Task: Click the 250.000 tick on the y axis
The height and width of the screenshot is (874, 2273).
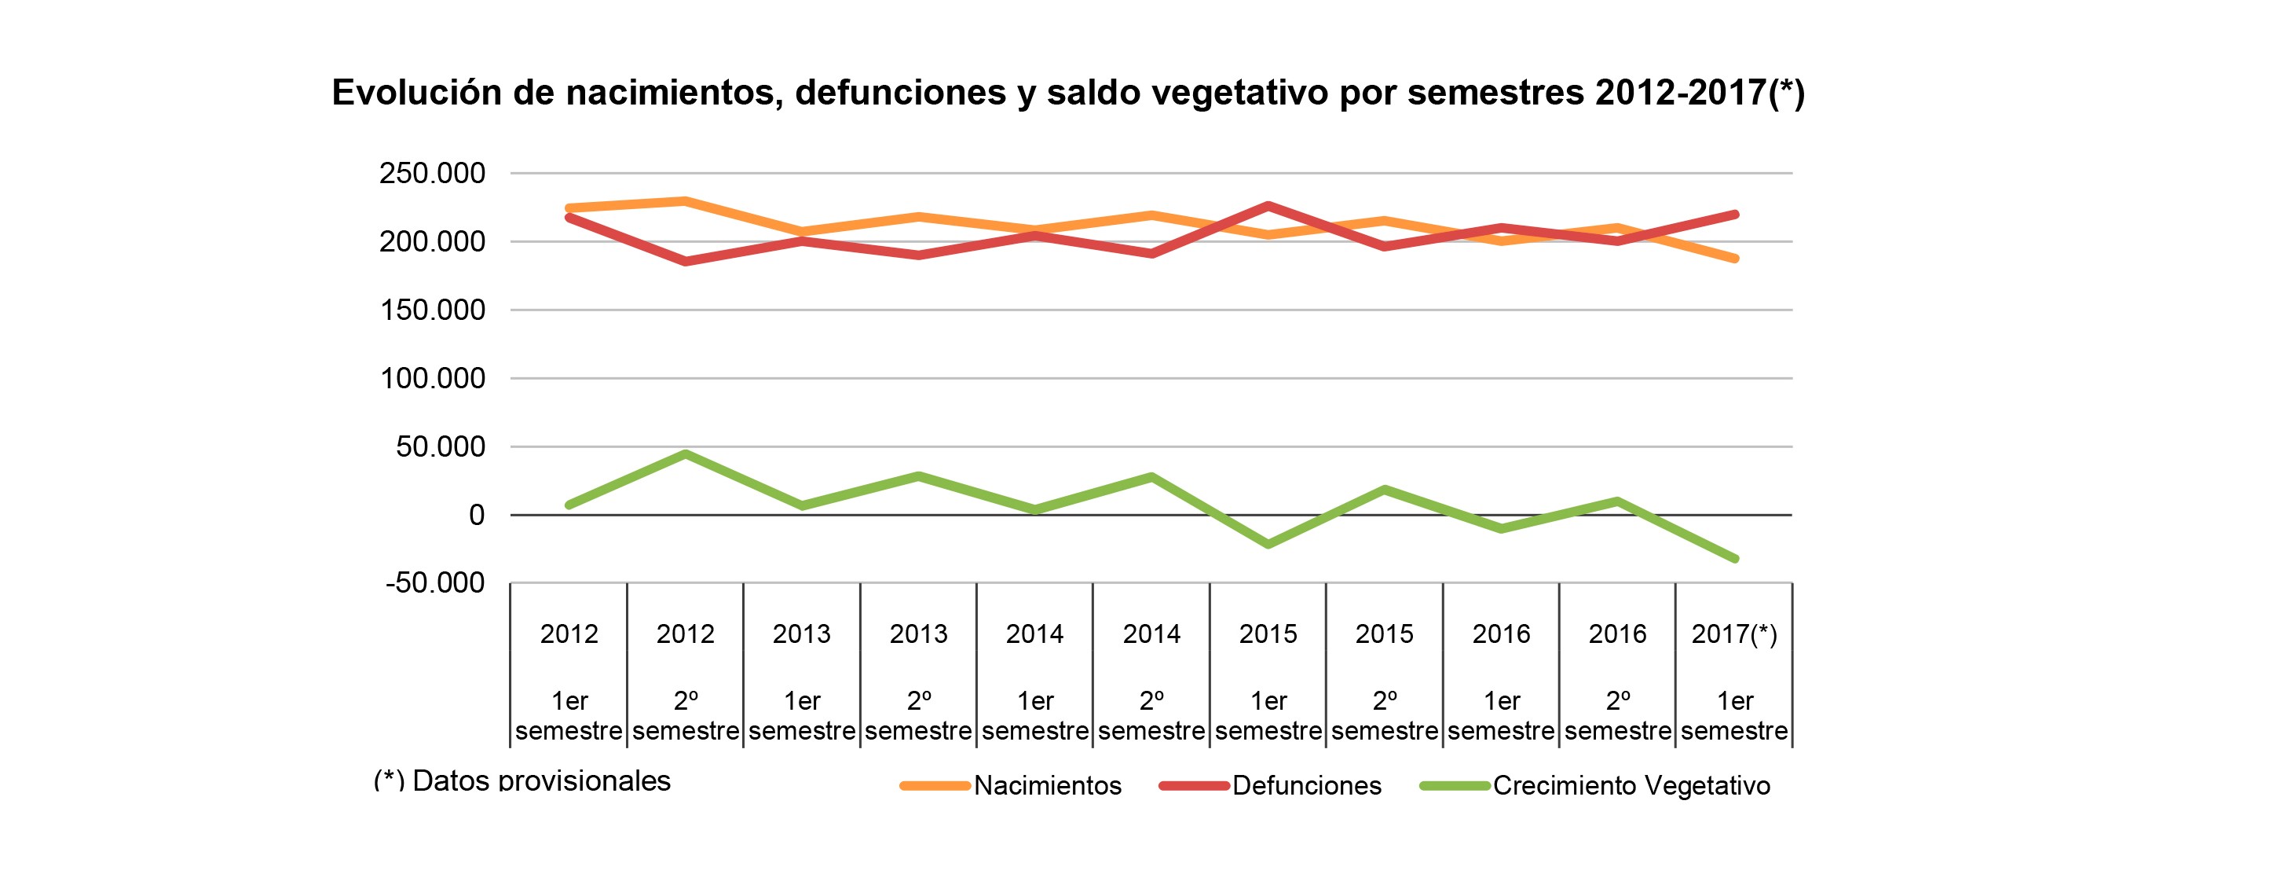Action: pyautogui.click(x=432, y=173)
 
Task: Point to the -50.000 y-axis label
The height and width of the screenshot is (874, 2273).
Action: pyautogui.click(x=435, y=582)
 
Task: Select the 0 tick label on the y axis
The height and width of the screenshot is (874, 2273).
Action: pyautogui.click(x=477, y=515)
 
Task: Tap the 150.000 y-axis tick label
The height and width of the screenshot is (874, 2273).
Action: pyautogui.click(x=432, y=310)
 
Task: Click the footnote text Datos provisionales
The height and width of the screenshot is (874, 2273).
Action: pyautogui.click(x=541, y=780)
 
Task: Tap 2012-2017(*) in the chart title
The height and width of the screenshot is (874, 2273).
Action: pyautogui.click(x=1700, y=93)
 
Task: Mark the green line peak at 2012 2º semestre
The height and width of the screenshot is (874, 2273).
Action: pyautogui.click(x=686, y=454)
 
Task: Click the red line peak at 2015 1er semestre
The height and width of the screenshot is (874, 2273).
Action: pyautogui.click(x=1268, y=206)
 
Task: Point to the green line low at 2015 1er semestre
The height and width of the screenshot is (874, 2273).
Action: pyautogui.click(x=1268, y=545)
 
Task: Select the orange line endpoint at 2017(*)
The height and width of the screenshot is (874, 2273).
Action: pyautogui.click(x=1735, y=259)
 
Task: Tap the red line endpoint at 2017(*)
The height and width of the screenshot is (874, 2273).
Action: pyautogui.click(x=1735, y=215)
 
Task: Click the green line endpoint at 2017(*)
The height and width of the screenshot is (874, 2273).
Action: pyautogui.click(x=1735, y=559)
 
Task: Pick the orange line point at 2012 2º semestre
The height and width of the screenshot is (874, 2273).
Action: pyautogui.click(x=686, y=201)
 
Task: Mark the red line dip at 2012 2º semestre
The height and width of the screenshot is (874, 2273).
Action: pyautogui.click(x=686, y=261)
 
